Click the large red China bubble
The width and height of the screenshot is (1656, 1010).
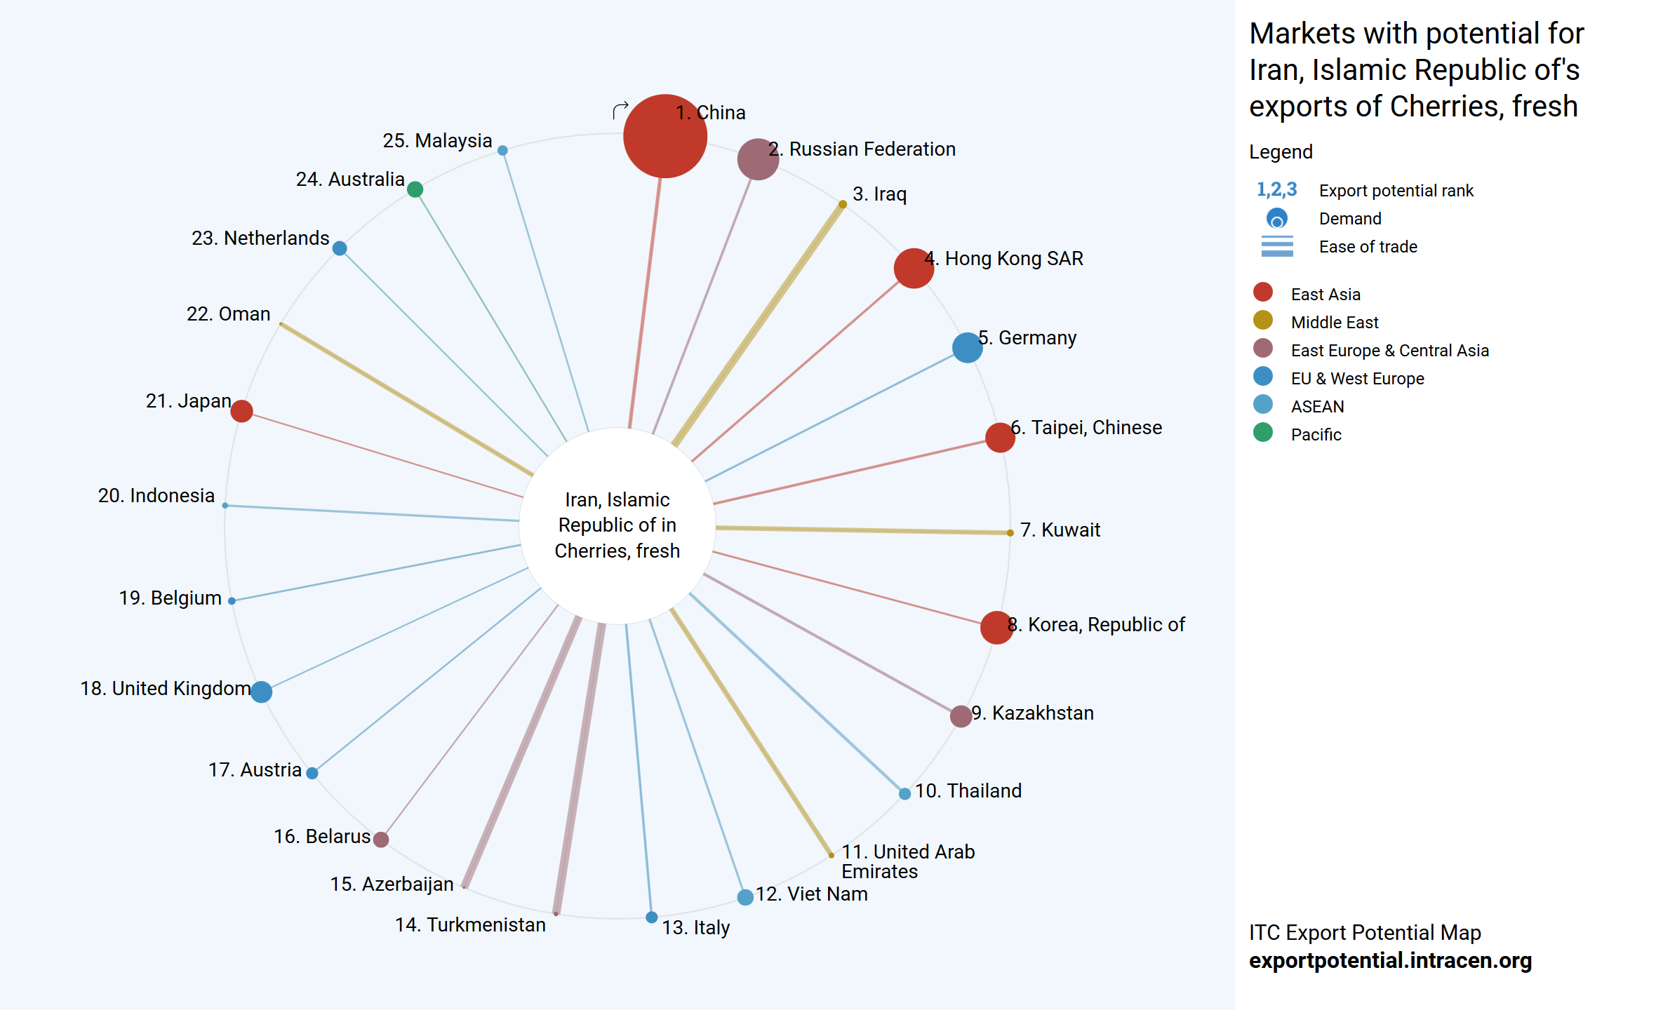tap(665, 136)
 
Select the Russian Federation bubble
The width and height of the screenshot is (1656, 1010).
tap(758, 159)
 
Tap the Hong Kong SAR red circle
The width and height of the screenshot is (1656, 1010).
tap(914, 268)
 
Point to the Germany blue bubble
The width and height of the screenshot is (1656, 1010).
tap(967, 347)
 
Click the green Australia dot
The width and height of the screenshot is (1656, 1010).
tap(415, 189)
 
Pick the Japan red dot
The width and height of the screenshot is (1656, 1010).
tap(241, 411)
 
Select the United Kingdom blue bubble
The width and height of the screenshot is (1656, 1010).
tap(261, 692)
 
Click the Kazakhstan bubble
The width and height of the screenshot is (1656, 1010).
tap(961, 716)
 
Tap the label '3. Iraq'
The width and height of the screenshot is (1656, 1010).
tap(879, 194)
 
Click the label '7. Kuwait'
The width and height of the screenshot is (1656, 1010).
tap(1060, 530)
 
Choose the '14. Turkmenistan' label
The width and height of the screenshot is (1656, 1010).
tap(470, 925)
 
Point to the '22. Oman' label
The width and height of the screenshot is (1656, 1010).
tap(228, 314)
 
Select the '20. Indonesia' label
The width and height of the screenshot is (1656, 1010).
tap(156, 496)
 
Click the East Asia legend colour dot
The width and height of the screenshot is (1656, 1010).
tap(1263, 292)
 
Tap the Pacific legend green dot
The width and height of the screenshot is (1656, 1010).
tap(1263, 433)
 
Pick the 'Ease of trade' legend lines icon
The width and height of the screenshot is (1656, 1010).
tap(1277, 246)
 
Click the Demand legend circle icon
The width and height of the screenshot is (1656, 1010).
tap(1277, 219)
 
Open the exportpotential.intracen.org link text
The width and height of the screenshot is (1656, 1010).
tap(1390, 960)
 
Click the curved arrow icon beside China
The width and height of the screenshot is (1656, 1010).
tap(620, 110)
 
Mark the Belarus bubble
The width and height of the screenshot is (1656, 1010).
tap(381, 840)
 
